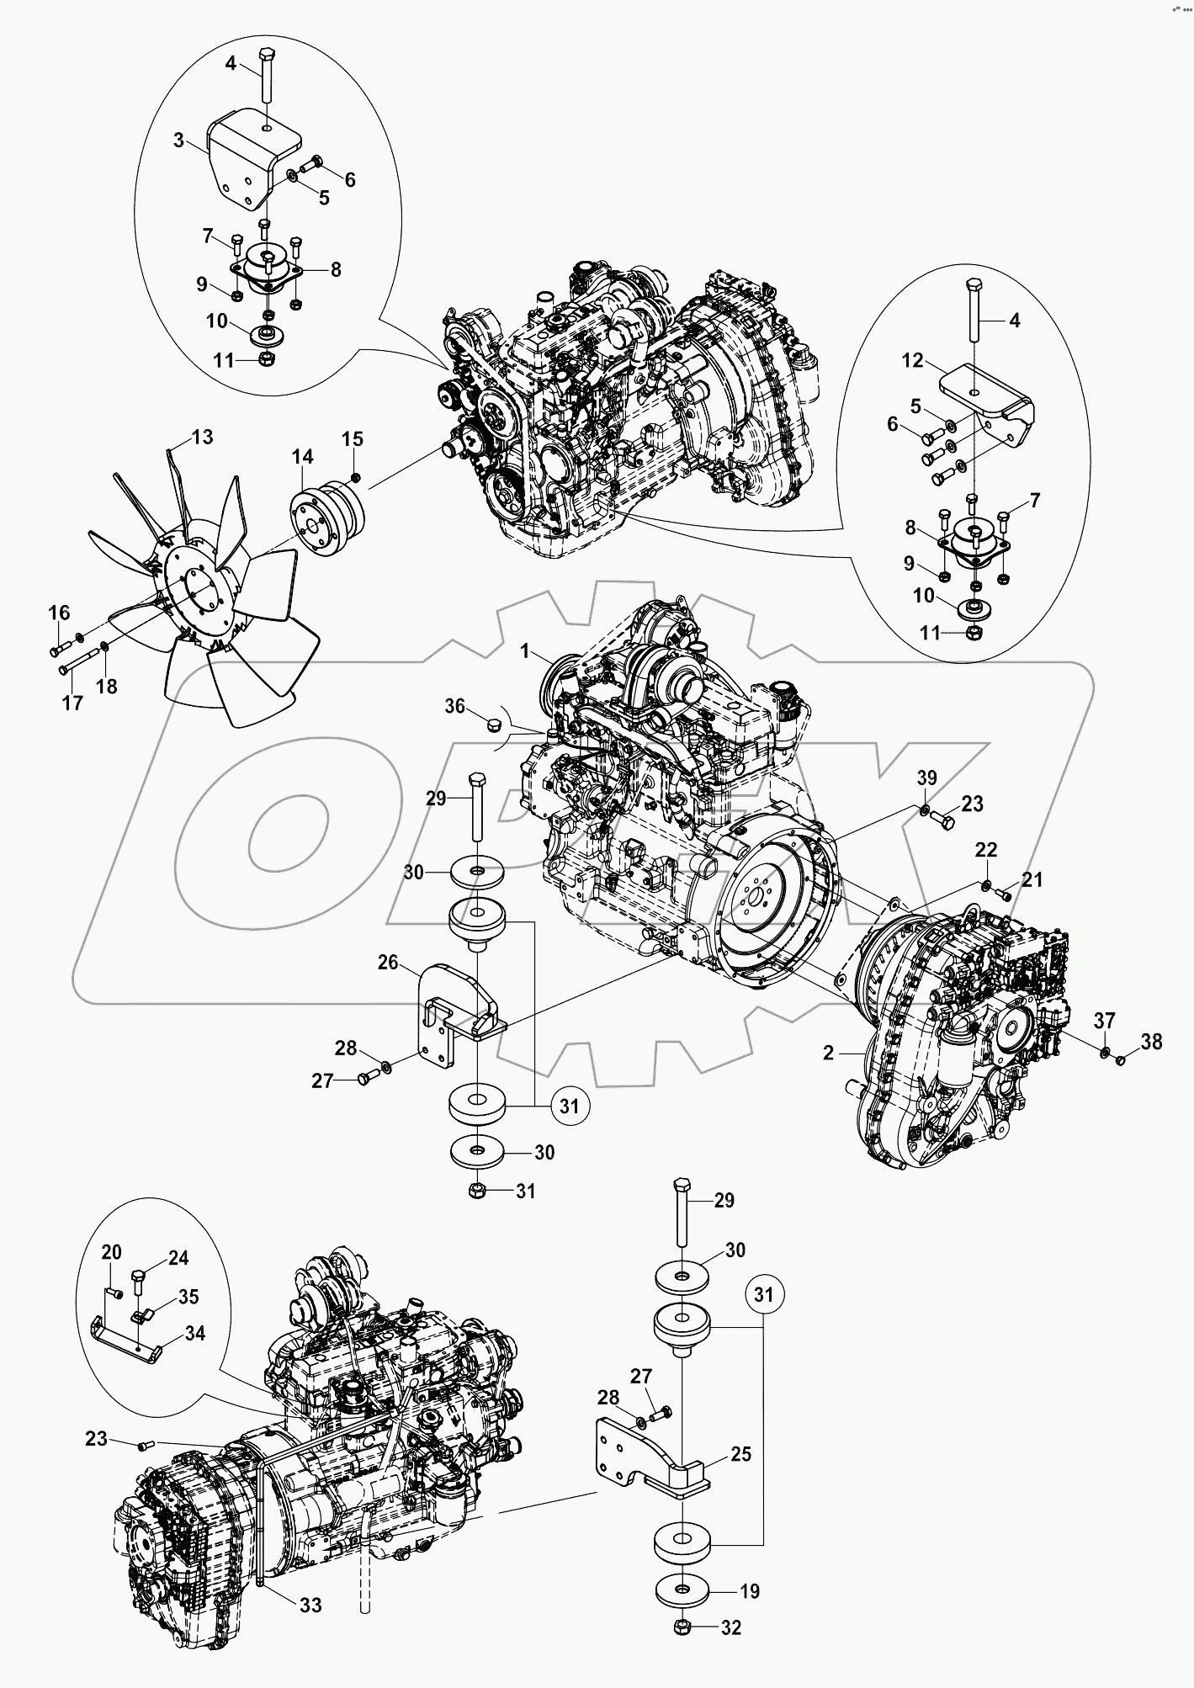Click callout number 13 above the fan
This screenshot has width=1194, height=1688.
click(x=203, y=437)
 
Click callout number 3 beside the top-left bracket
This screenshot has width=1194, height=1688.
click(x=179, y=141)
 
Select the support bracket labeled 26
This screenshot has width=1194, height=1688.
click(x=454, y=1010)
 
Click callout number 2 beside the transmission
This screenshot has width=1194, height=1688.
click(x=828, y=1053)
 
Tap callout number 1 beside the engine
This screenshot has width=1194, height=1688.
click(x=525, y=651)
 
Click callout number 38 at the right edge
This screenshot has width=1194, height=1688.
click(x=1151, y=1042)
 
